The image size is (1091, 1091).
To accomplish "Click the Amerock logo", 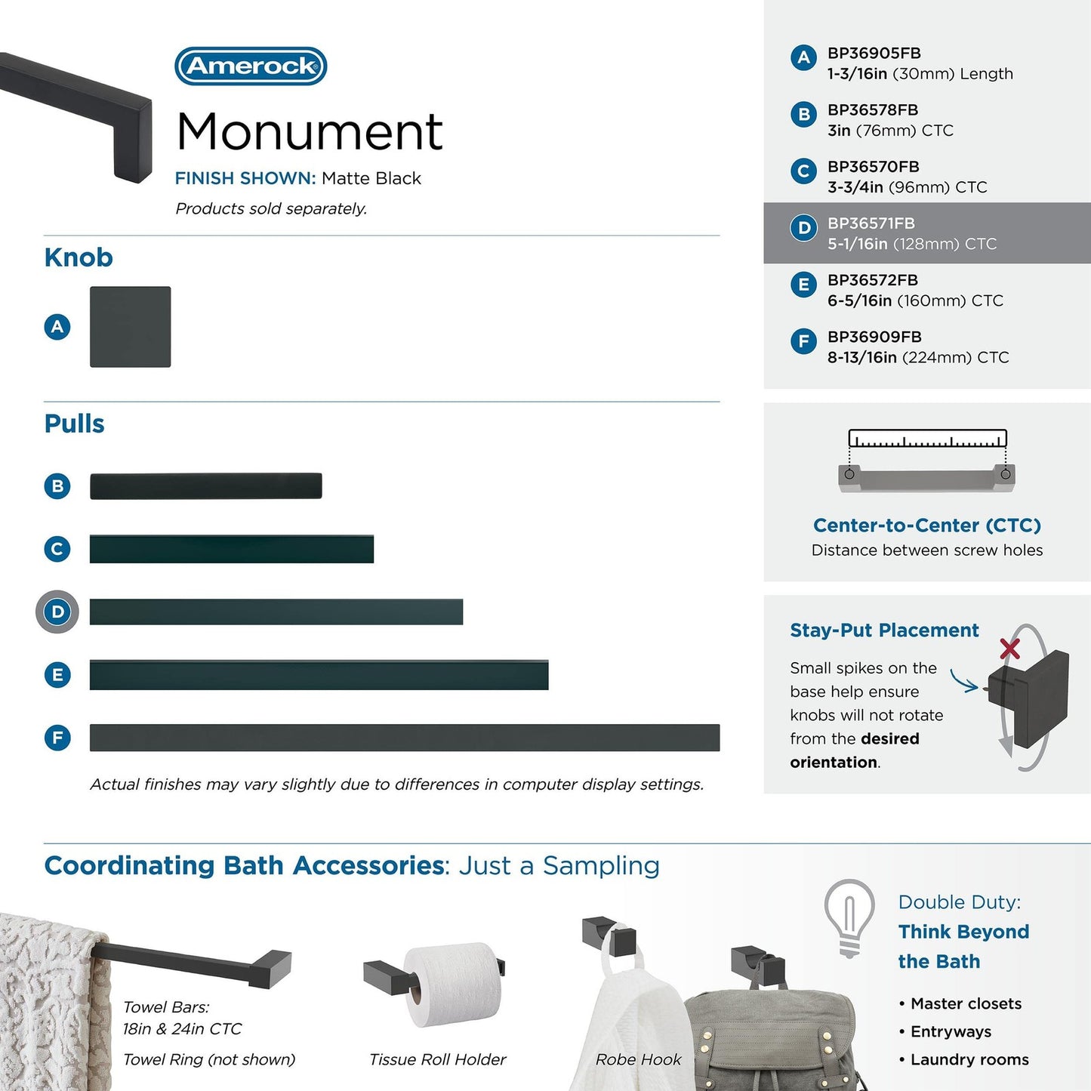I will [x=251, y=66].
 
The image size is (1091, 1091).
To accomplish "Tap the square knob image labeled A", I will [x=130, y=327].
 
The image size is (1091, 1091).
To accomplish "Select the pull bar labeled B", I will [x=205, y=486].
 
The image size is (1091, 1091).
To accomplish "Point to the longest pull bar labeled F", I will [x=404, y=738].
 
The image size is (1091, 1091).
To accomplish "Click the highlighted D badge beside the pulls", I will [x=57, y=612].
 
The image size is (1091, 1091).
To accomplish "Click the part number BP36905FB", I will [x=874, y=54].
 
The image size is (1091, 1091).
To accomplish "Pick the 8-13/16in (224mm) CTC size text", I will [x=917, y=358].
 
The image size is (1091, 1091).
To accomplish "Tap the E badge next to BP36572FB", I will [x=803, y=285].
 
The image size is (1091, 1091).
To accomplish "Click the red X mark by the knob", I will [x=1009, y=649].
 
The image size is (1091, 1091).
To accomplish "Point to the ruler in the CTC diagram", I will [x=927, y=439].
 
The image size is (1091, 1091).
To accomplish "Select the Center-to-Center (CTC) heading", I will [x=926, y=525].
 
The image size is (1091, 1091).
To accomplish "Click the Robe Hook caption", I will [x=638, y=1060].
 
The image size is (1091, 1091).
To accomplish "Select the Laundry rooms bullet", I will [x=969, y=1060].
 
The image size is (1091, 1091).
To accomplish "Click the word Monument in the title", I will [x=310, y=132].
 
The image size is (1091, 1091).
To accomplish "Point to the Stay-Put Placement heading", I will [x=884, y=630].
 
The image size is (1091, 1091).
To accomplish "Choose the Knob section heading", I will [x=79, y=257].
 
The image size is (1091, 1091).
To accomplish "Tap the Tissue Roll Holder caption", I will [x=437, y=1060].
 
